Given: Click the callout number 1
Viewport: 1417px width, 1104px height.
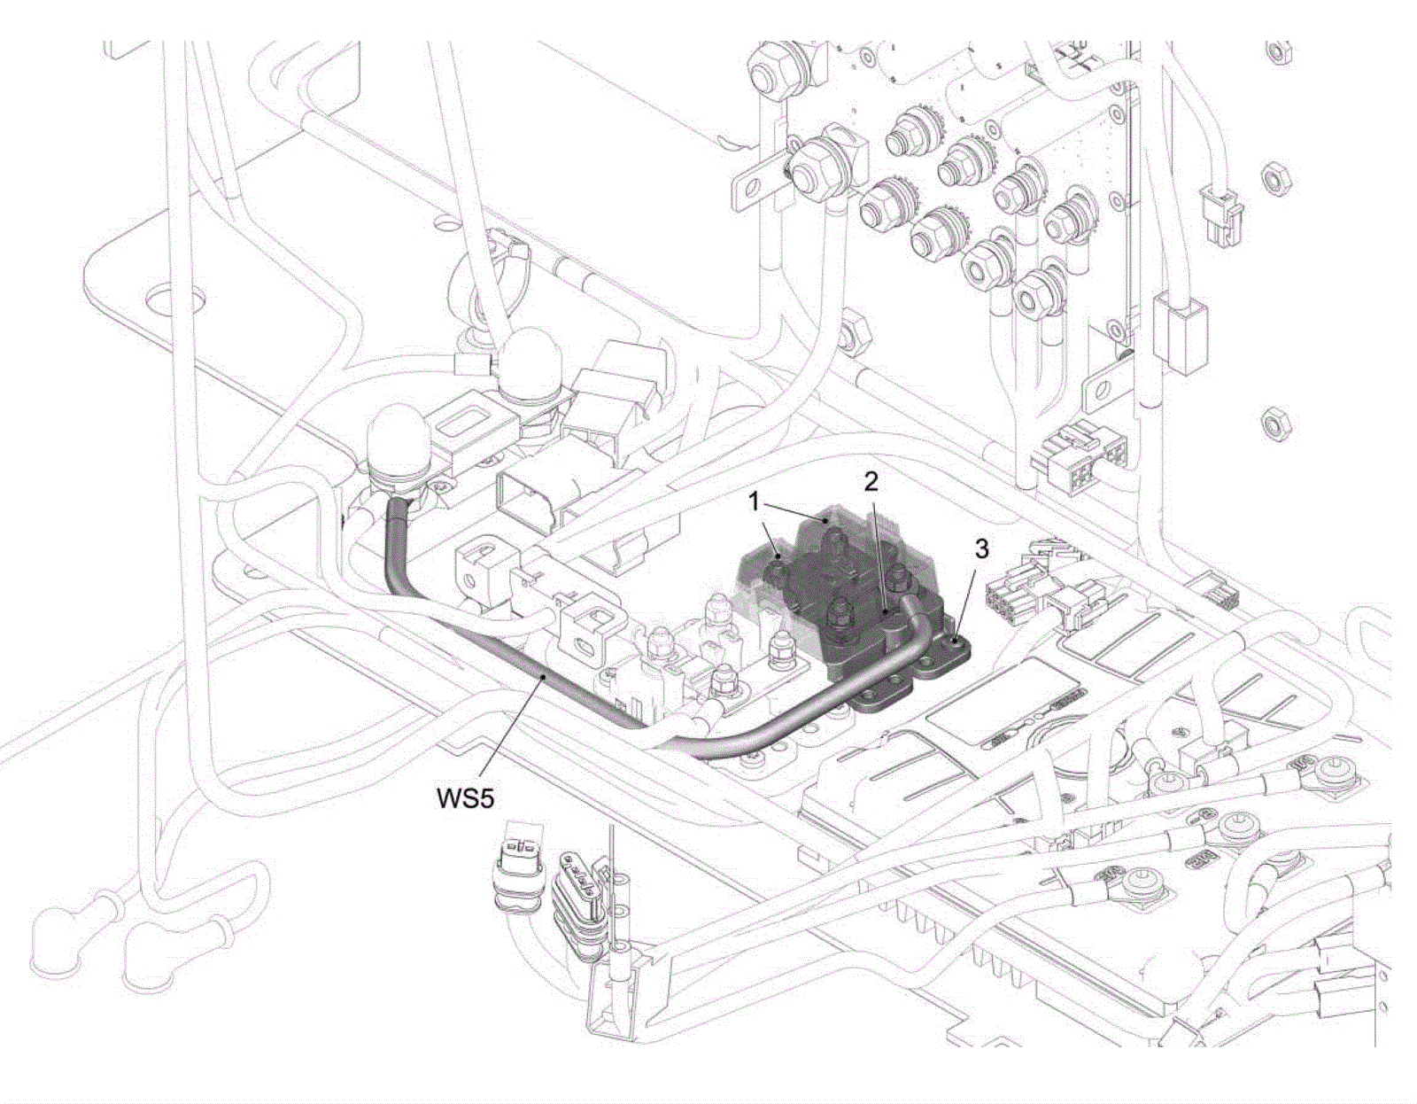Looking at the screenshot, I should (x=754, y=502).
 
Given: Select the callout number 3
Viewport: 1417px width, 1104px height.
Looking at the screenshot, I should (x=981, y=548).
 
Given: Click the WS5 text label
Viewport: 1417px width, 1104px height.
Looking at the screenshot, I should (x=464, y=797).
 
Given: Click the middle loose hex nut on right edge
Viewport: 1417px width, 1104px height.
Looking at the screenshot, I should (x=1275, y=181).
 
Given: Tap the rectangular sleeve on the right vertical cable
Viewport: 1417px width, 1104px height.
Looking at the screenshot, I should (x=1181, y=334).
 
